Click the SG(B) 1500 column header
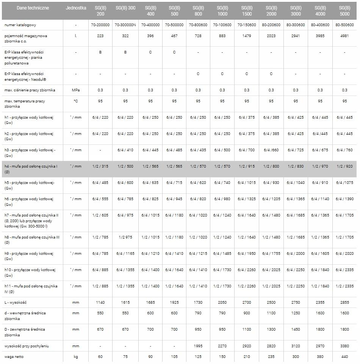pyautogui.click(x=247, y=11)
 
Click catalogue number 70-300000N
pyautogui.click(x=125, y=25)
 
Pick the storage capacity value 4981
pyautogui.click(x=344, y=36)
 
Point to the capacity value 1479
pyautogui.click(x=247, y=36)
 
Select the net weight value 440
pyautogui.click(x=344, y=357)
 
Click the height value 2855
pyautogui.click(x=344, y=303)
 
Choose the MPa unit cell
pyautogui.click(x=76, y=90)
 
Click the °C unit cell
pyautogui.click(x=76, y=101)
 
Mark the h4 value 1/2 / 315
pyautogui.click(x=100, y=166)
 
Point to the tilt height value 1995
pyautogui.click(x=198, y=346)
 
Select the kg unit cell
pyautogui.click(x=76, y=357)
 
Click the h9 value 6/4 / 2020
pyautogui.click(x=344, y=254)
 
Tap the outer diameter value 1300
pyautogui.click(x=271, y=329)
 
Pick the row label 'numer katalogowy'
pyautogui.click(x=20, y=25)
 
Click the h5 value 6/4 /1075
pyautogui.click(x=344, y=183)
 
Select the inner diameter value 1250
pyautogui.click(x=296, y=313)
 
